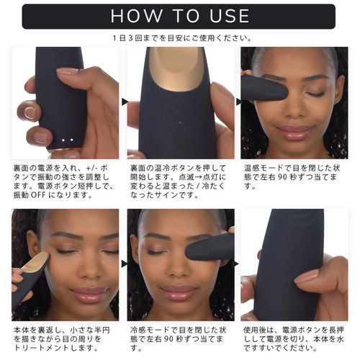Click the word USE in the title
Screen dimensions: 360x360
230,16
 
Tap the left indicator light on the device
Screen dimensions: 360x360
63,140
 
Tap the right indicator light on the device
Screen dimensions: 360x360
71,140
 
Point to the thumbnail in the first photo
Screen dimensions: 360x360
66,71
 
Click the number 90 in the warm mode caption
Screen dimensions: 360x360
283,177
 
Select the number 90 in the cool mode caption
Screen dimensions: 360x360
169,339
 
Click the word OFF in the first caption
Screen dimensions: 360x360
38,194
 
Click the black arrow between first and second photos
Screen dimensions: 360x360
125,102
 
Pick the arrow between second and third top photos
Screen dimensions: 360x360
238,102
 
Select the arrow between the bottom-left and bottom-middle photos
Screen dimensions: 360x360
125,264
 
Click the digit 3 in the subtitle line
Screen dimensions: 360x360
131,38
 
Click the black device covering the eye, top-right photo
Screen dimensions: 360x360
264,89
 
